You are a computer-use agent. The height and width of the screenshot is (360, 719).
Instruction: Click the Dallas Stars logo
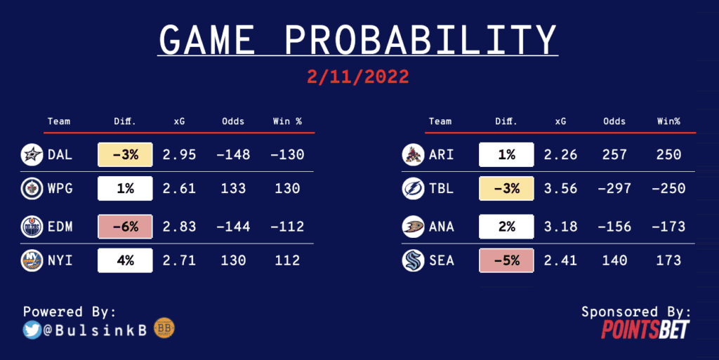[32, 155]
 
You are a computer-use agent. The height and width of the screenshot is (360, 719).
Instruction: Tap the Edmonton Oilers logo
[32, 227]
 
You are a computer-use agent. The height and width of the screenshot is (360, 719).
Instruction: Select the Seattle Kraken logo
[413, 260]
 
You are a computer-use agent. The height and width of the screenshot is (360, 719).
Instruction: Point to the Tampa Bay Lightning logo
[413, 188]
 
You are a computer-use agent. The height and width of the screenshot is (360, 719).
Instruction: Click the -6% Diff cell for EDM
[125, 227]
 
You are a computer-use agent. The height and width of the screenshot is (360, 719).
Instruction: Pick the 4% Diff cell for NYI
[125, 260]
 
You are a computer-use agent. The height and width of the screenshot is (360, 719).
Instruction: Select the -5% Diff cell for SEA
[506, 260]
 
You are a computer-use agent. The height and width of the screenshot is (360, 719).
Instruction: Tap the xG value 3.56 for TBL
[560, 188]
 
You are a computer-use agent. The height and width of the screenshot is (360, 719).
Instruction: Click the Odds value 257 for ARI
[614, 155]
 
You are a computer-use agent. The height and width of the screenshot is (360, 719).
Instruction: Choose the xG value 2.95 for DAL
[179, 155]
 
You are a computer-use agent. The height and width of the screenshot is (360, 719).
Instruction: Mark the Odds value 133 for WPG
[233, 188]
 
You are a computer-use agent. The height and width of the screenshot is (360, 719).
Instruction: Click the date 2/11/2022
[357, 76]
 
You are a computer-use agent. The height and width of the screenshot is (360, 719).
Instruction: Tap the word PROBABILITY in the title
[421, 40]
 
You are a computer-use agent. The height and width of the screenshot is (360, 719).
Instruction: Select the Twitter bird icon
[32, 330]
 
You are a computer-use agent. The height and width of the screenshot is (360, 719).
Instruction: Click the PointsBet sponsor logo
[645, 329]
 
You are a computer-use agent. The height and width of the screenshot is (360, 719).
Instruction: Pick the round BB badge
[164, 328]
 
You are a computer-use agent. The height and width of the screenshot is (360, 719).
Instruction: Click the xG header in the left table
[179, 121]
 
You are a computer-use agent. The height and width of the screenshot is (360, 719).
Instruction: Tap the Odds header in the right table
[614, 121]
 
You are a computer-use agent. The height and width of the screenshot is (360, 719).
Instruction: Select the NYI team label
[60, 260]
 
